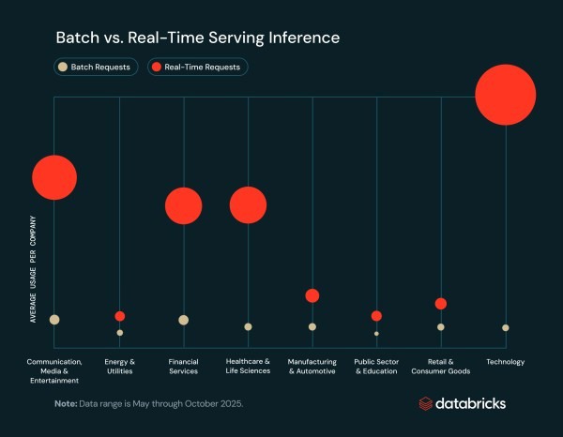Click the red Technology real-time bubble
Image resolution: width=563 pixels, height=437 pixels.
tap(505, 94)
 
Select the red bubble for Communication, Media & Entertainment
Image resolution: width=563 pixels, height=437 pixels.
tap(54, 177)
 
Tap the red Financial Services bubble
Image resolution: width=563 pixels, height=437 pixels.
tap(184, 206)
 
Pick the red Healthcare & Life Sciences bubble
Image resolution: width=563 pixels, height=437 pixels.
tap(248, 205)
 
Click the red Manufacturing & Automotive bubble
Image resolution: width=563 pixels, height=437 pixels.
tap(312, 295)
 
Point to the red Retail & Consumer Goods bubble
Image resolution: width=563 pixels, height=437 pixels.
tap(441, 304)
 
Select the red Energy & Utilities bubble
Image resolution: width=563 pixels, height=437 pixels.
tap(119, 316)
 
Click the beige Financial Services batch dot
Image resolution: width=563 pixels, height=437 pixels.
tap(184, 320)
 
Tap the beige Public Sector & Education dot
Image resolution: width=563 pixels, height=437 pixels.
tap(376, 333)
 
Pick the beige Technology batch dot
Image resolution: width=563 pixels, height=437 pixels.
tap(506, 327)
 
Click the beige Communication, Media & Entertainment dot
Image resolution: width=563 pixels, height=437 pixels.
tap(54, 320)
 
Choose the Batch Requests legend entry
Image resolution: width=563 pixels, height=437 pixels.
tap(96, 67)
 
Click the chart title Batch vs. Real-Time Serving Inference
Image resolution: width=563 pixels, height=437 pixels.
tap(197, 38)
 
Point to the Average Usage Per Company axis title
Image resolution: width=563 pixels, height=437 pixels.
tap(33, 269)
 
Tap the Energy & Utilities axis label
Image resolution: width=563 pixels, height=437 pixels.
tap(119, 366)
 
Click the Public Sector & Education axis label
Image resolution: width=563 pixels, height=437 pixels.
tap(376, 366)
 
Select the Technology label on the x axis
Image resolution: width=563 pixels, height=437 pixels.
tap(506, 362)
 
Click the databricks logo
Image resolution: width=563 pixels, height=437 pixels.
tap(462, 403)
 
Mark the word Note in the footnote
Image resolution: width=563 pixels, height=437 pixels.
tap(65, 403)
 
